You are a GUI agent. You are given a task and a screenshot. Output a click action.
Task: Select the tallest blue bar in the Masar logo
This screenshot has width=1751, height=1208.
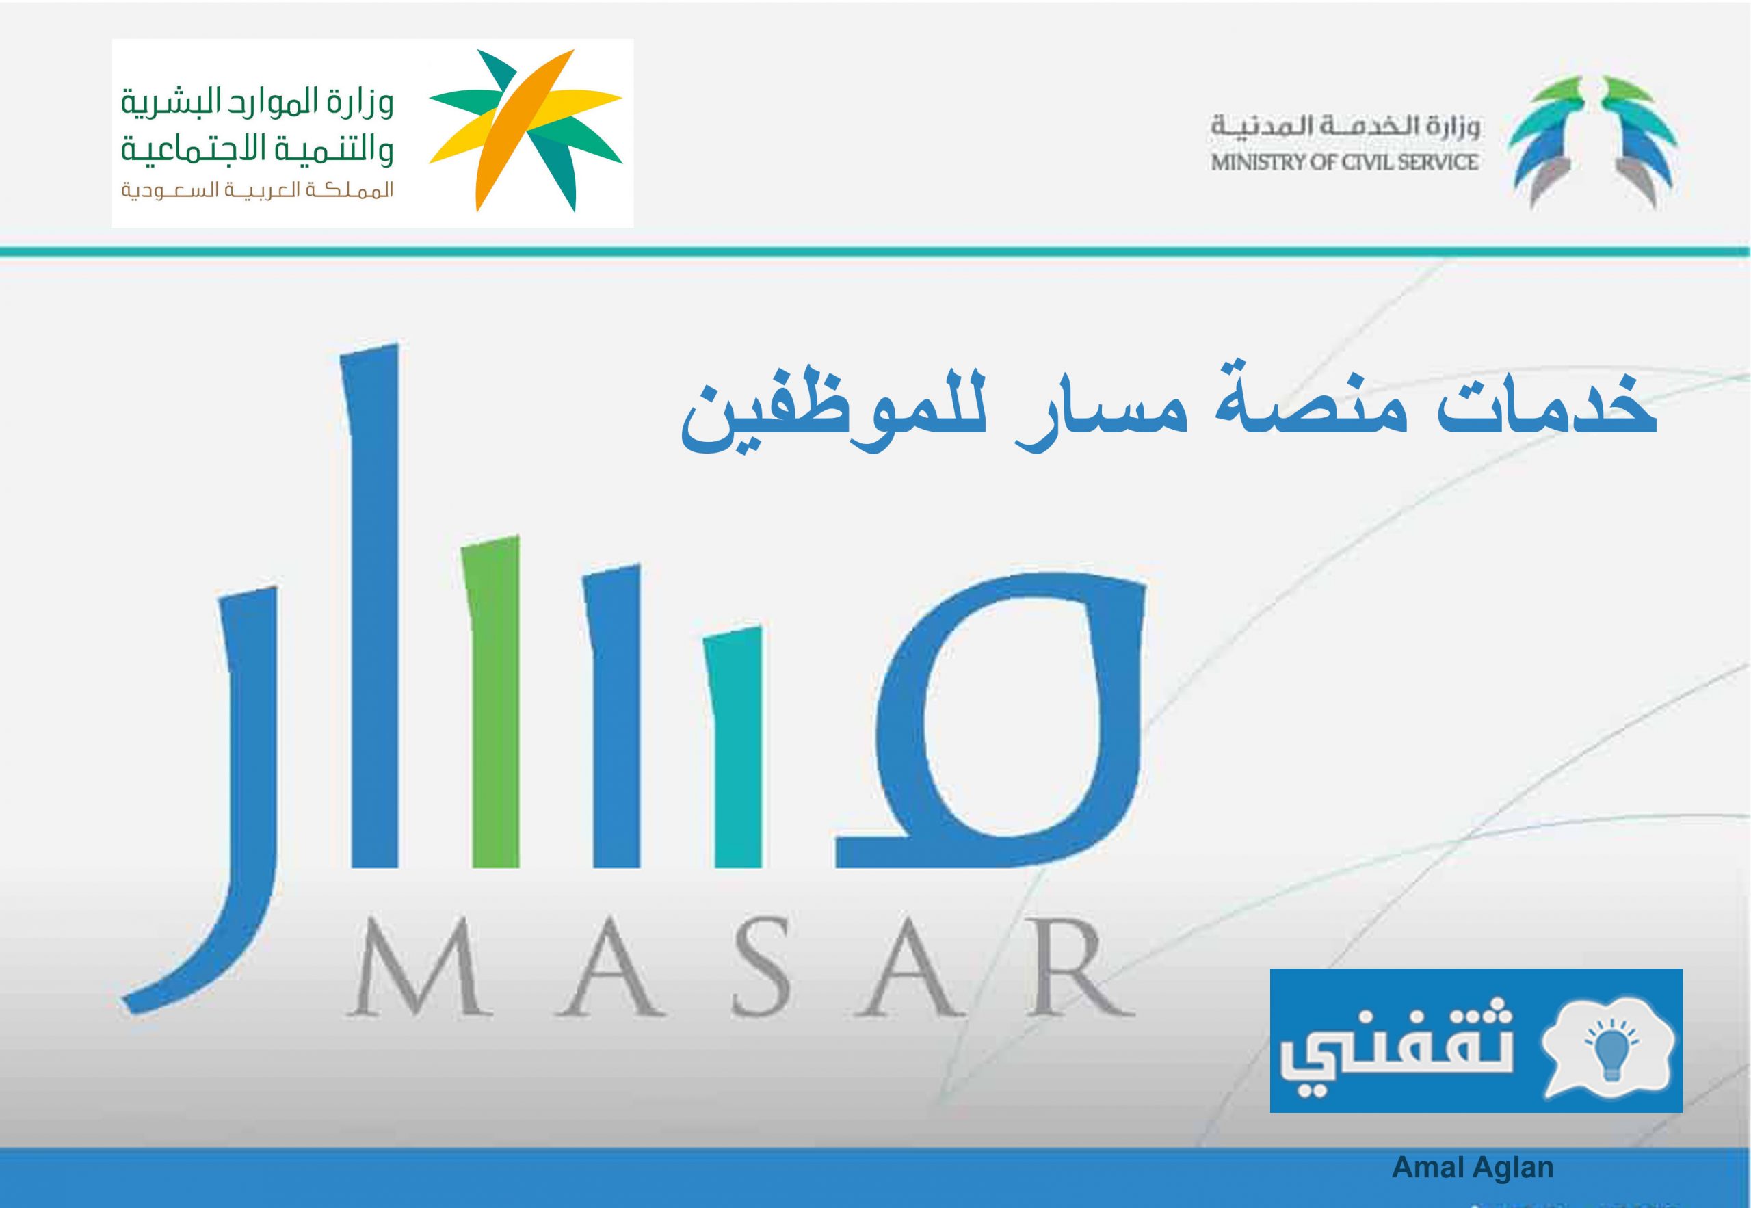[373, 605]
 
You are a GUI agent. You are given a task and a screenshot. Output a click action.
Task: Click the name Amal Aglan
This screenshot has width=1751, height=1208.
[1473, 1167]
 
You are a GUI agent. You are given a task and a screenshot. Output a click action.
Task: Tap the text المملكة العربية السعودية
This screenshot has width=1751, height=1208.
[258, 192]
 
